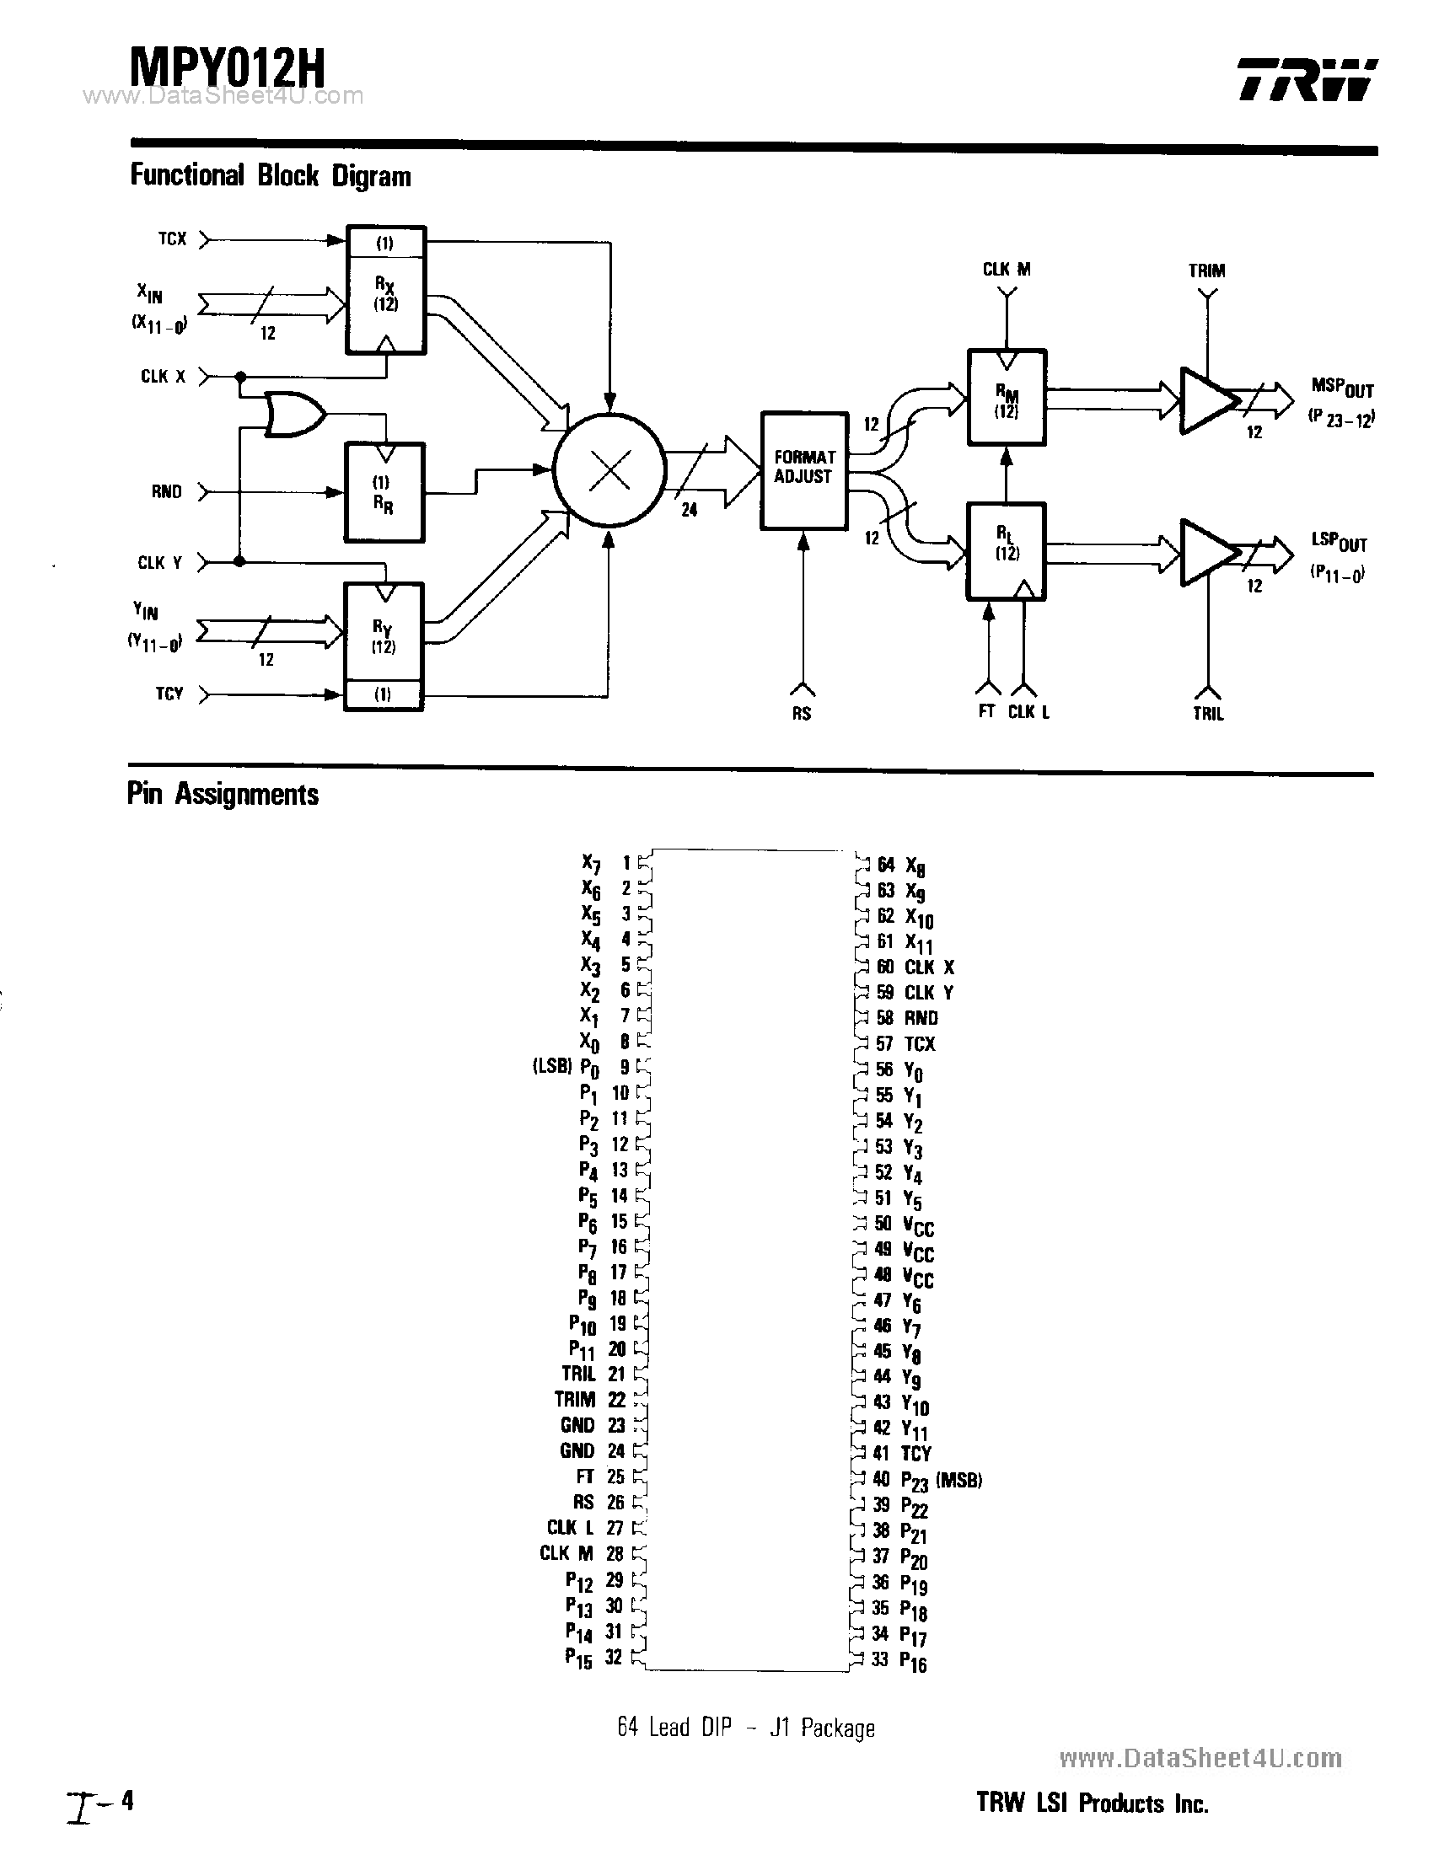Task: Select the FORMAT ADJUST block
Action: click(x=803, y=470)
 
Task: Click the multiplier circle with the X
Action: click(x=609, y=469)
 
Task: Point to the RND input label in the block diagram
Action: click(x=167, y=492)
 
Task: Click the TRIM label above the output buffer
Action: click(x=1205, y=271)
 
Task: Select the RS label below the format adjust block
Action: click(x=801, y=713)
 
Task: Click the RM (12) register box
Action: click(x=1006, y=398)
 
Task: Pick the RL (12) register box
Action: click(x=1006, y=551)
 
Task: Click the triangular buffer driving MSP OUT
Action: click(x=1206, y=399)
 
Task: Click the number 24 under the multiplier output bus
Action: click(x=689, y=510)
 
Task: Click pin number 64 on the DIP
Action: click(x=886, y=865)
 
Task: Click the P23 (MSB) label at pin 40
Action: click(x=940, y=1480)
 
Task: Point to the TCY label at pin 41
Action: click(x=915, y=1454)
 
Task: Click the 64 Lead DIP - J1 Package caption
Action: click(x=745, y=1728)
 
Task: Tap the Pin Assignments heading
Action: click(x=223, y=794)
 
